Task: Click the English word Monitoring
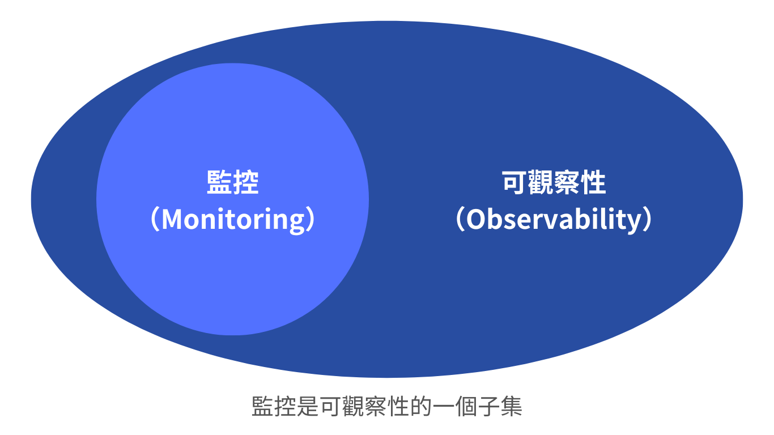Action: point(233,220)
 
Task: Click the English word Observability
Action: point(554,220)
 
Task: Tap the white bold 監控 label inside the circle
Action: point(232,182)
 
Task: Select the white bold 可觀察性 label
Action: point(554,182)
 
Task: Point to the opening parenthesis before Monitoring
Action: point(155,219)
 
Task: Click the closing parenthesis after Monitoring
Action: point(311,219)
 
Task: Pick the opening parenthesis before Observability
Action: point(460,219)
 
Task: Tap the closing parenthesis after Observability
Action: point(648,219)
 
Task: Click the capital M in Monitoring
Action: point(171,219)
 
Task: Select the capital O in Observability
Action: point(476,219)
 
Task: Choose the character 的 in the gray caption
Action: point(421,406)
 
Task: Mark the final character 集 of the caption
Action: point(512,406)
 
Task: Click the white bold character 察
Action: point(567,182)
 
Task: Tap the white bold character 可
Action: point(515,182)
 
